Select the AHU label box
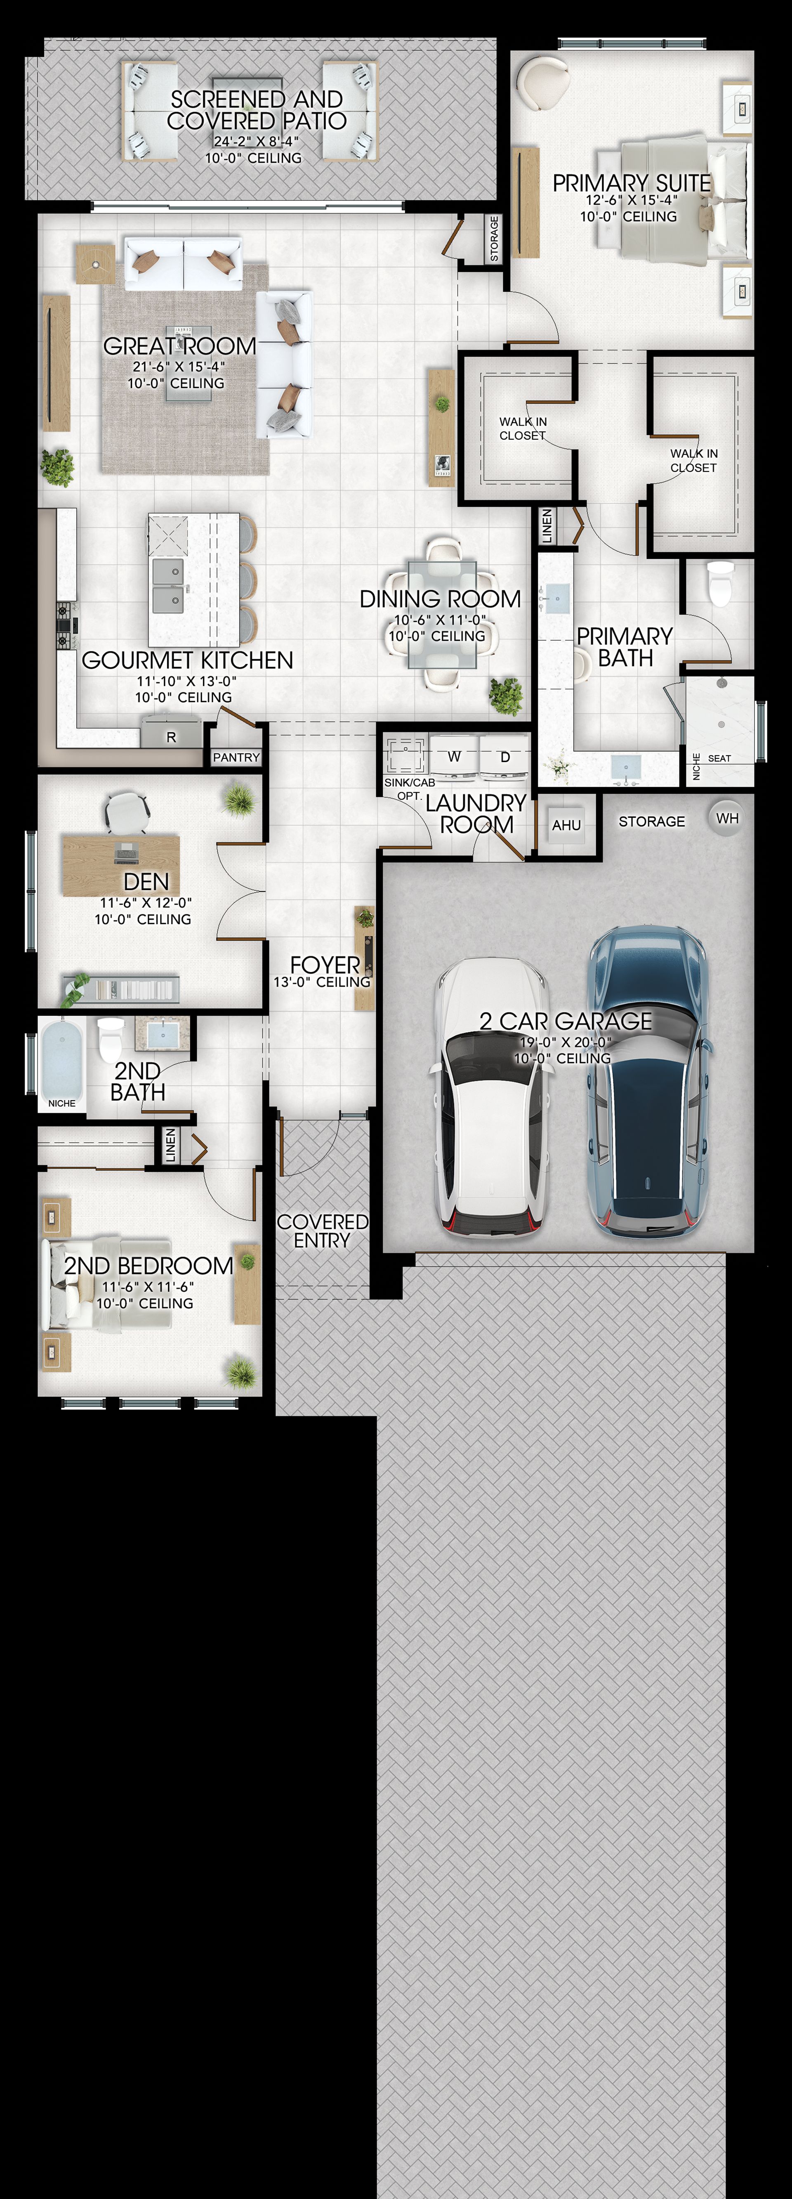click(567, 825)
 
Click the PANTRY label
click(236, 757)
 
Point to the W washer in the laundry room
click(454, 756)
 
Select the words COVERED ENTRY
click(323, 1231)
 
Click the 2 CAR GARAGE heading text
click(566, 1021)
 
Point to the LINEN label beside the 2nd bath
click(170, 1145)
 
